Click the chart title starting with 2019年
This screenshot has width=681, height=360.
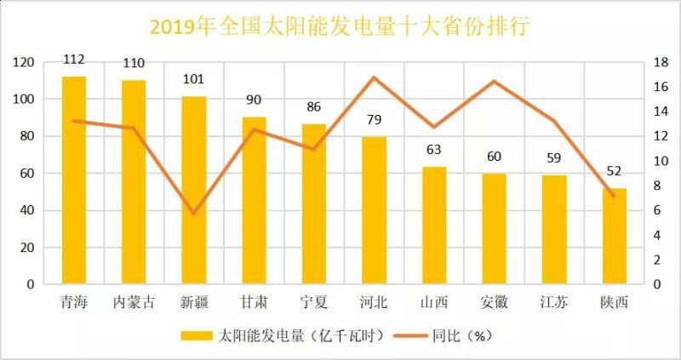click(x=340, y=26)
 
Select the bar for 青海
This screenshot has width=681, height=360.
click(x=74, y=180)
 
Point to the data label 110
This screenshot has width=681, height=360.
click(x=134, y=63)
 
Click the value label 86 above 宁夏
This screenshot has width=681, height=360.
click(x=314, y=108)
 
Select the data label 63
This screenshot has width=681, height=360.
click(x=434, y=150)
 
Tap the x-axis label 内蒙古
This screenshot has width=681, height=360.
click(x=134, y=302)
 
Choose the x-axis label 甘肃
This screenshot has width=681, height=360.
click(x=254, y=302)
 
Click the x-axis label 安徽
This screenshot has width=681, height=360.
click(x=494, y=302)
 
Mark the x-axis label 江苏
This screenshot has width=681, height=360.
click(x=554, y=302)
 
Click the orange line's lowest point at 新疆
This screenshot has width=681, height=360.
click(x=194, y=213)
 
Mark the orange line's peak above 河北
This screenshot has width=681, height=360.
click(x=374, y=77)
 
